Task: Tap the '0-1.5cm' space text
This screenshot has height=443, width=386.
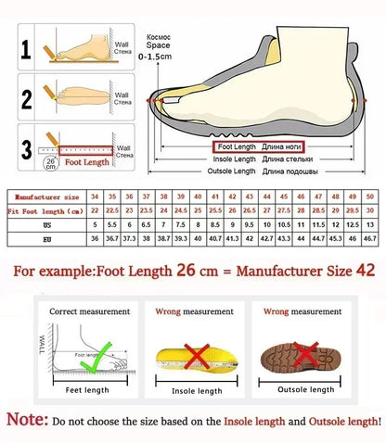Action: point(154,57)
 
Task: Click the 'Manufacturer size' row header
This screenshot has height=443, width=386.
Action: point(45,197)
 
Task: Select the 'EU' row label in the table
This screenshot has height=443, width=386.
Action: point(45,239)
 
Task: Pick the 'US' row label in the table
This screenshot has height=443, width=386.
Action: point(45,225)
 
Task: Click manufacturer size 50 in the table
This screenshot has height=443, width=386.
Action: point(369,197)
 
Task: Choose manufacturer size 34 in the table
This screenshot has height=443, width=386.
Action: point(95,197)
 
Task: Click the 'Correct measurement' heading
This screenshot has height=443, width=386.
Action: point(84,311)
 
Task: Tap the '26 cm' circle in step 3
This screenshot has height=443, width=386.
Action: point(49,164)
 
